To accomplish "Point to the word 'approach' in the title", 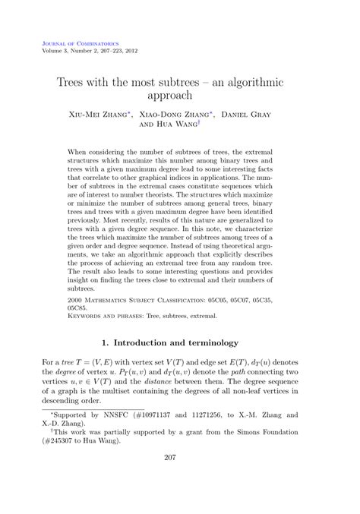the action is point(180,97).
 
